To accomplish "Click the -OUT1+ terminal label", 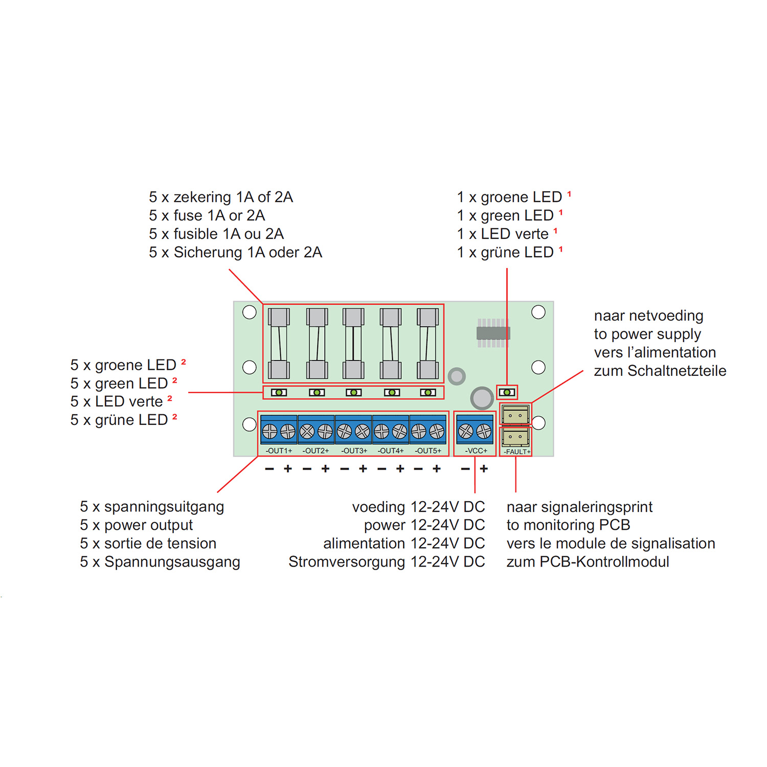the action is [279, 450].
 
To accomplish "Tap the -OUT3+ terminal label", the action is [354, 450].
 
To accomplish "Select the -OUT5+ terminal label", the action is [428, 450].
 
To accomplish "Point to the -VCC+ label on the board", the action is [476, 450].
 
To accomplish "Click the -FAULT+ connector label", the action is [517, 452].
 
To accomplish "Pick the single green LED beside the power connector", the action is [507, 392].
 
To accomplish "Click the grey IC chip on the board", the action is [493, 333].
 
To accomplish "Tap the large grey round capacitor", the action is [482, 397].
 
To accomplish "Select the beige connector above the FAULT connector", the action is [515, 414].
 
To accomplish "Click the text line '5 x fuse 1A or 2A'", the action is [207, 215].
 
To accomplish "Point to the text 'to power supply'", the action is [647, 334].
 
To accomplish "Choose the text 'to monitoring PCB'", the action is [568, 525].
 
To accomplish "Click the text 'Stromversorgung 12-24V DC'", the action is [387, 562].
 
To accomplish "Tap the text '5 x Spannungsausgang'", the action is [160, 562].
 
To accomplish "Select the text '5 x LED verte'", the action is [117, 401].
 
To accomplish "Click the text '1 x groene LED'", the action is [509, 197].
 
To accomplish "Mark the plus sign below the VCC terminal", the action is [484, 468].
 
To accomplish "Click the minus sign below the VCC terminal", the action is [465, 468].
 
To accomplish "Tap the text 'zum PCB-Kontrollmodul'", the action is [588, 562].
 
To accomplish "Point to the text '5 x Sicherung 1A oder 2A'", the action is [236, 252].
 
